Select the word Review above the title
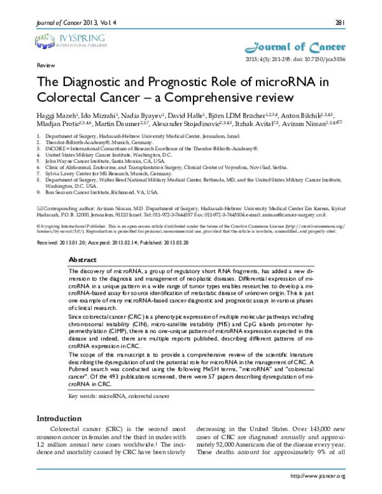45,66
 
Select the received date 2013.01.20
74,243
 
